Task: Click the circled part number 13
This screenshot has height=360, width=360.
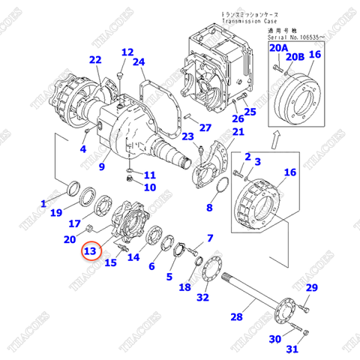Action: [x=91, y=251]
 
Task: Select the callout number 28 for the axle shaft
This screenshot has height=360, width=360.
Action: [x=236, y=318]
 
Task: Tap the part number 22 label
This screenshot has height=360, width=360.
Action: [x=94, y=60]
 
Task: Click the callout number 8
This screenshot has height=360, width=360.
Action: [x=210, y=208]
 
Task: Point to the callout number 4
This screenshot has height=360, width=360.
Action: [x=83, y=149]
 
